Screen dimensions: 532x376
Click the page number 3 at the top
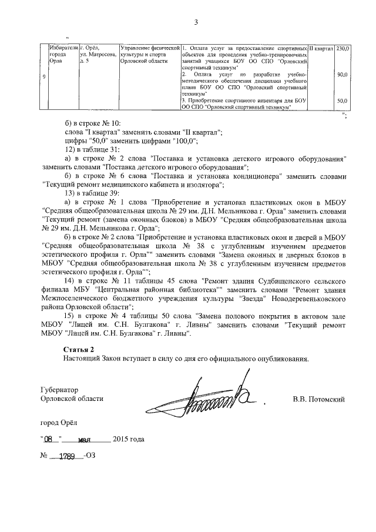click(x=196, y=22)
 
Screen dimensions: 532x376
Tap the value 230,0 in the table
click(x=343, y=48)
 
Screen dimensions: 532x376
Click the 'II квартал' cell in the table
click(x=321, y=48)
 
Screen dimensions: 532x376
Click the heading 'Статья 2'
click(x=78, y=350)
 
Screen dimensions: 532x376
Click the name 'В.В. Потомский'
click(x=318, y=399)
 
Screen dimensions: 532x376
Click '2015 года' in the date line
click(x=128, y=440)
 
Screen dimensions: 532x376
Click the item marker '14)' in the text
click(x=70, y=281)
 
